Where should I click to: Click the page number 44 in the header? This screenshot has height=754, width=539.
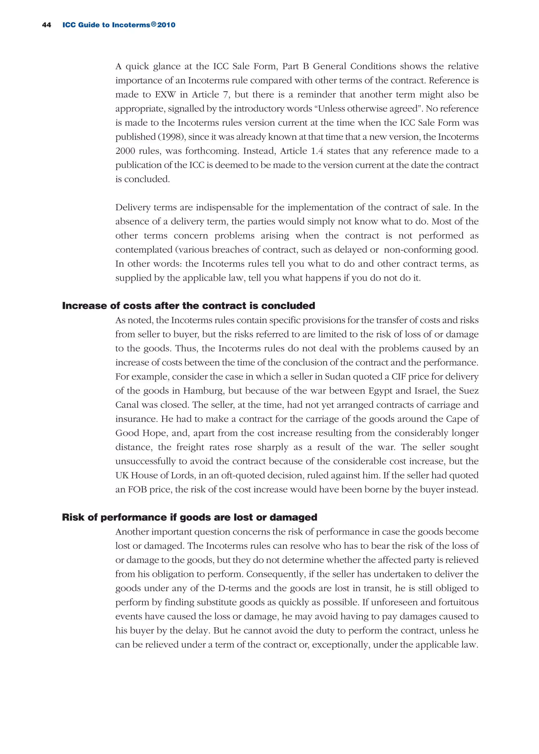[x=47, y=25]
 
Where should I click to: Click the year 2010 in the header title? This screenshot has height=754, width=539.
[x=166, y=25]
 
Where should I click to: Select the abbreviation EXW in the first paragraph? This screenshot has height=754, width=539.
[x=165, y=94]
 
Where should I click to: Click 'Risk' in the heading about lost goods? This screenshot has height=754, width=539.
[x=73, y=517]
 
